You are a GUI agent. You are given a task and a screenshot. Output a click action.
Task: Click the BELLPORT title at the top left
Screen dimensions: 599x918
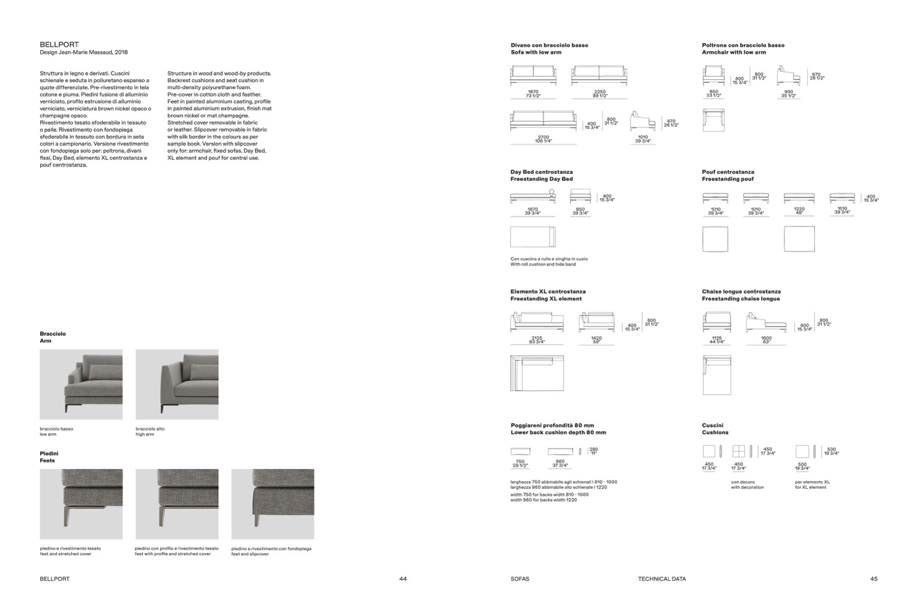point(59,45)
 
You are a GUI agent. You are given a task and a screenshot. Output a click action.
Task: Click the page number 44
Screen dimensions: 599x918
point(403,579)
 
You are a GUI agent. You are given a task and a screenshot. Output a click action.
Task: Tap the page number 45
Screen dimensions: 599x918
point(873,579)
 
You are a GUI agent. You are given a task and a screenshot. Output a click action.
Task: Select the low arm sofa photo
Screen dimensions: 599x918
point(81,384)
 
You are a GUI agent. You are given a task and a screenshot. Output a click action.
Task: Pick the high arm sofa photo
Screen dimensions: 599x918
point(177,384)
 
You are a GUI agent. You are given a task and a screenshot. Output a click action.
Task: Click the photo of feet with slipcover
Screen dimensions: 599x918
point(273,504)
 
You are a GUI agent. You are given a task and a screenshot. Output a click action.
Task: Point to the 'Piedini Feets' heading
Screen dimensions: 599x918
point(49,457)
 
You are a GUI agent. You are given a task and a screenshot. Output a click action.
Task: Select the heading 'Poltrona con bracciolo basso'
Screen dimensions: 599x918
point(743,45)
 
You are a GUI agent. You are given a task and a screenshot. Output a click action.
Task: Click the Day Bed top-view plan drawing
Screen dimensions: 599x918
point(533,237)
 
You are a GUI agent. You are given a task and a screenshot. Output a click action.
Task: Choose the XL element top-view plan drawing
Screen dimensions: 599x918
point(537,373)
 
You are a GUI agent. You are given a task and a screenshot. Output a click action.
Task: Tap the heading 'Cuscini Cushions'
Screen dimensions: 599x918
point(715,429)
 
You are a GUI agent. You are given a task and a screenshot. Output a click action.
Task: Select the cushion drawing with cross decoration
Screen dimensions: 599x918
point(738,451)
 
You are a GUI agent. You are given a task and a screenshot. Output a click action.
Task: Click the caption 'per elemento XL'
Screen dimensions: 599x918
point(812,482)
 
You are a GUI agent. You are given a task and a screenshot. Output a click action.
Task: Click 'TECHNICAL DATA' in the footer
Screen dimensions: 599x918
point(661,579)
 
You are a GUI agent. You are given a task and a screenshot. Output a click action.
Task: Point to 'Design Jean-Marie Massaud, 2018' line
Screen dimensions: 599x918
point(83,53)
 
